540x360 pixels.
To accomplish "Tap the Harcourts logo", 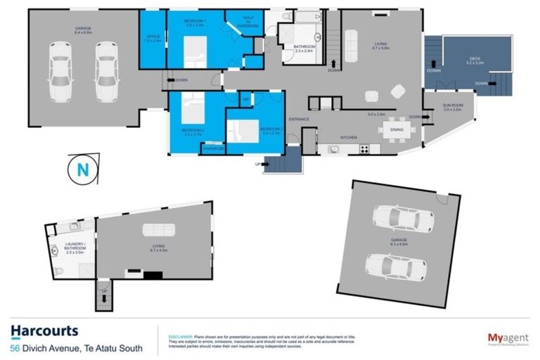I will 45,330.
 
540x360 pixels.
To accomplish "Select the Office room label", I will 153,39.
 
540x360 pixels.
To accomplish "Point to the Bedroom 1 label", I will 194,23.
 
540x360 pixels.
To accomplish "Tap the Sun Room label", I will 452,108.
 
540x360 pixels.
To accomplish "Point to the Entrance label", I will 299,119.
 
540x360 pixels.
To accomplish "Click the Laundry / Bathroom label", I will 75,247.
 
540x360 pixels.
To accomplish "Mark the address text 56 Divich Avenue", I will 77,347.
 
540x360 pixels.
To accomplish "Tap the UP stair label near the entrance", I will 257,164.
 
